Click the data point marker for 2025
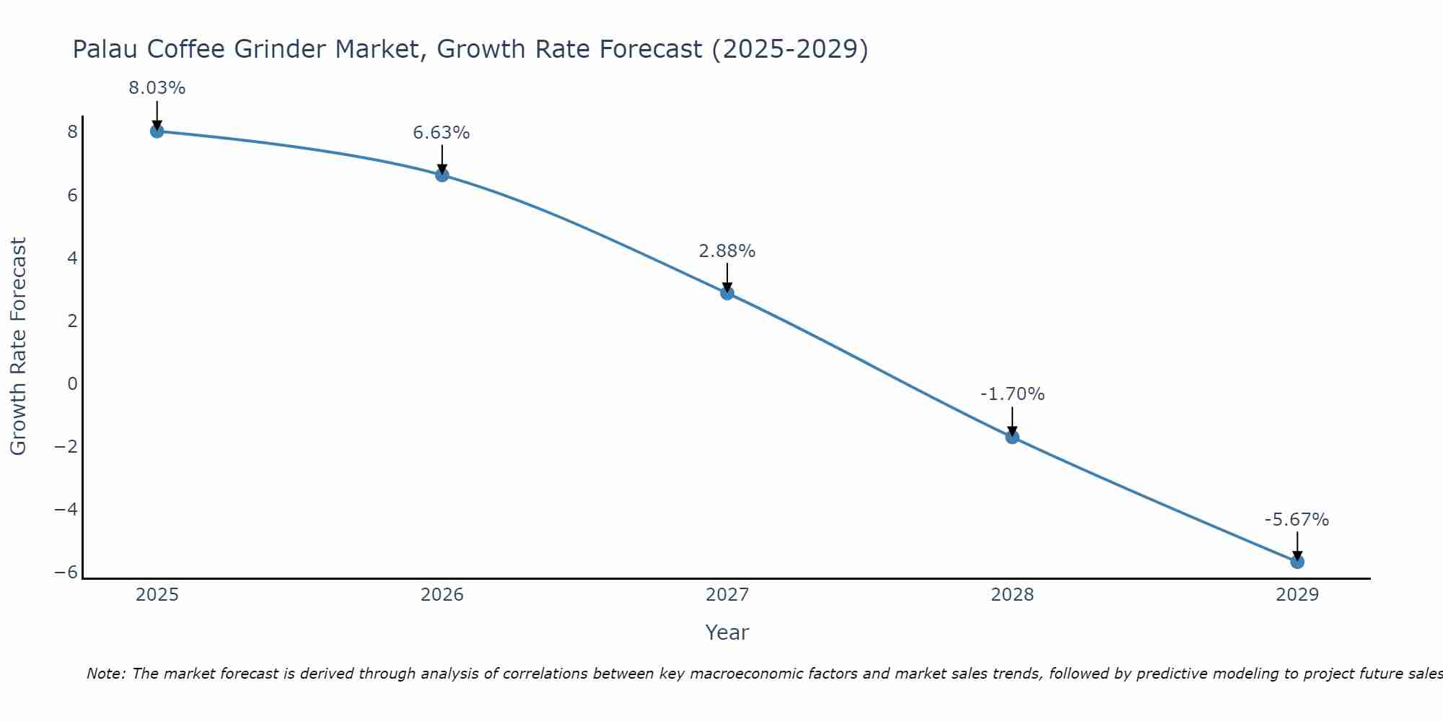[x=157, y=131]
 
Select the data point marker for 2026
[x=442, y=175]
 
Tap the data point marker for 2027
[x=727, y=292]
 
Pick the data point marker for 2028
[x=1012, y=437]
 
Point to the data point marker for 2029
[x=1297, y=562]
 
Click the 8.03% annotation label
[x=157, y=88]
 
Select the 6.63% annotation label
[x=442, y=133]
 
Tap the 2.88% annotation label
[x=727, y=251]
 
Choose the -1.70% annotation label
[x=1012, y=394]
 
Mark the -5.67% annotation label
[x=1297, y=520]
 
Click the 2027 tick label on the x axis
[x=727, y=595]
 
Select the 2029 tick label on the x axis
[x=1297, y=595]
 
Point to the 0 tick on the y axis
[x=72, y=384]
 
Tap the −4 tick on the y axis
[x=66, y=510]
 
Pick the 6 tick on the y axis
[x=72, y=196]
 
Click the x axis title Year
[x=727, y=632]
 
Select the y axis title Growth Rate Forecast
[x=18, y=347]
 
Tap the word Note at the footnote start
[x=105, y=674]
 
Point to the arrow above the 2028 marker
[x=1012, y=421]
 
